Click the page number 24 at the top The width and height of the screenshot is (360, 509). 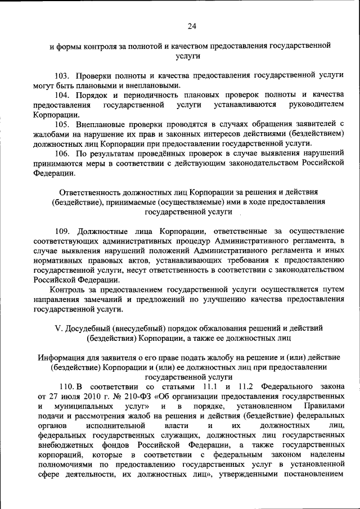191,25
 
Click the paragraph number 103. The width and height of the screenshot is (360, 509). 63,75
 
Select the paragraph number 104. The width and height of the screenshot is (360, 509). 63,94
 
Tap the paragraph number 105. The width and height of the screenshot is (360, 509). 63,123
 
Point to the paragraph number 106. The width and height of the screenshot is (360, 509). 63,152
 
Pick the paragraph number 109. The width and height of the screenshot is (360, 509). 63,230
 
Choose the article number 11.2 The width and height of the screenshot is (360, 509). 245,387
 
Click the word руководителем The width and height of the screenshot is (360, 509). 316,105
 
